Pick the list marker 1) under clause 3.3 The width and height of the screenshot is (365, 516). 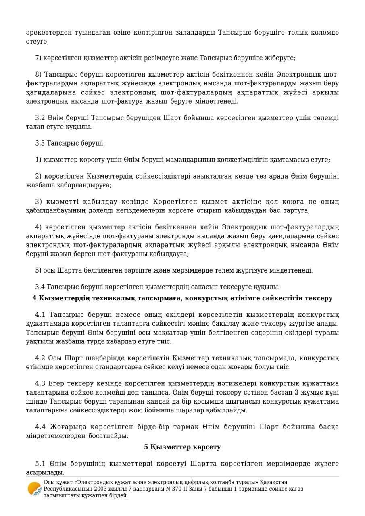click(x=38, y=160)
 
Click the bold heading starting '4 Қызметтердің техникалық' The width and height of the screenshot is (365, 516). click(x=182, y=298)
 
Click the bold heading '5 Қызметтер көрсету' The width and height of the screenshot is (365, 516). click(x=182, y=447)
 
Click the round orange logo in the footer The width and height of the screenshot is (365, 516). click(x=35, y=489)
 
